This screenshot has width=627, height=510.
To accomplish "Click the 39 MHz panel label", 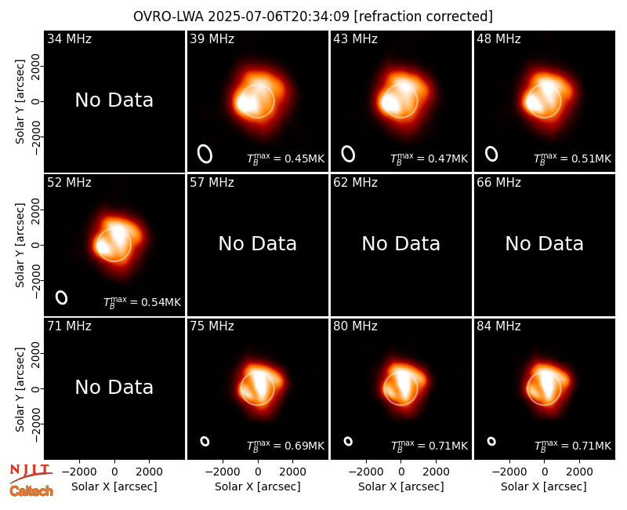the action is pyautogui.click(x=212, y=38).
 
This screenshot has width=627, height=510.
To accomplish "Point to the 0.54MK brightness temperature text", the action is pyautogui.click(x=143, y=302).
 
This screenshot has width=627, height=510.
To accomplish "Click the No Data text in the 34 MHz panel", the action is pyautogui.click(x=114, y=100).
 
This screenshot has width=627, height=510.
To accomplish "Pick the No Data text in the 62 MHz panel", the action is pyautogui.click(x=400, y=243).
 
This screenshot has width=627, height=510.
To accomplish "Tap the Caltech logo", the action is pyautogui.click(x=31, y=491).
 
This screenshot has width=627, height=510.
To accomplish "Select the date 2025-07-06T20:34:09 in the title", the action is pyautogui.click(x=279, y=16).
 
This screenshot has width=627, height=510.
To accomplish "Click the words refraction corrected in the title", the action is pyautogui.click(x=423, y=16).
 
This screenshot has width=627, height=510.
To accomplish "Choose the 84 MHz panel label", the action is pyautogui.click(x=498, y=326).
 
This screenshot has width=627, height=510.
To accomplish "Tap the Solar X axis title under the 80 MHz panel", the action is pyautogui.click(x=400, y=486).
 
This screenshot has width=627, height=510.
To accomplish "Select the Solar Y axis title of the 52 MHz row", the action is pyautogui.click(x=20, y=245).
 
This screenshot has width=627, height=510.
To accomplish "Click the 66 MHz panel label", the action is pyautogui.click(x=498, y=183).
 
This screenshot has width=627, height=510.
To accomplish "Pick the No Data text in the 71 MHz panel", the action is pyautogui.click(x=114, y=388).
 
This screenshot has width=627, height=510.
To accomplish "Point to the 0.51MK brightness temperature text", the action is pyautogui.click(x=573, y=158).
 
